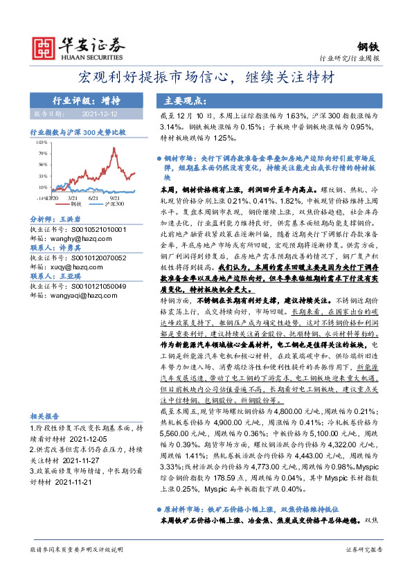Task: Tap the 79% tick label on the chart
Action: [43, 152]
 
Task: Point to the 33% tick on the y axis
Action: [43, 176]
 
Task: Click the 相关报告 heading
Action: [43, 415]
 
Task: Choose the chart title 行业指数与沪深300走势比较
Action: [78, 130]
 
